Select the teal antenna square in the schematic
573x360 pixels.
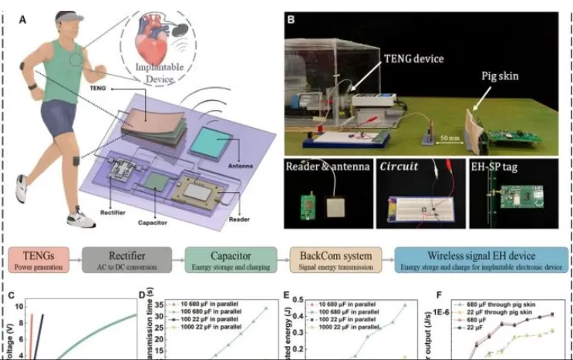(221, 144)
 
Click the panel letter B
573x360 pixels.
(291, 16)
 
